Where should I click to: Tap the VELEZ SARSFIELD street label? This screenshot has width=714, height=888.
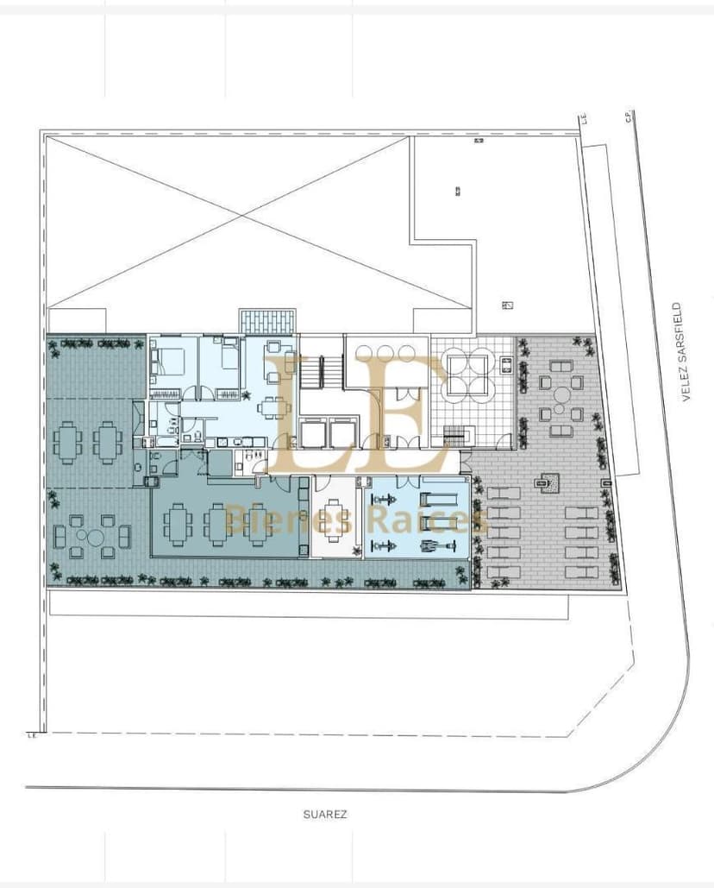click(x=687, y=353)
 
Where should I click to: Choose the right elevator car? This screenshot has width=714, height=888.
click(x=341, y=435)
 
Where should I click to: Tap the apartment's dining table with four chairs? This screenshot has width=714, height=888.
click(x=274, y=406)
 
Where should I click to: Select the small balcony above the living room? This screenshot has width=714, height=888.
click(x=267, y=321)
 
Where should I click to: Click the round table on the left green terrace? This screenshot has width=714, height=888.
click(x=91, y=535)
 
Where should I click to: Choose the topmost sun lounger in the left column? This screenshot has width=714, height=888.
click(x=503, y=496)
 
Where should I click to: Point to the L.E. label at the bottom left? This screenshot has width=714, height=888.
click(x=32, y=736)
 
